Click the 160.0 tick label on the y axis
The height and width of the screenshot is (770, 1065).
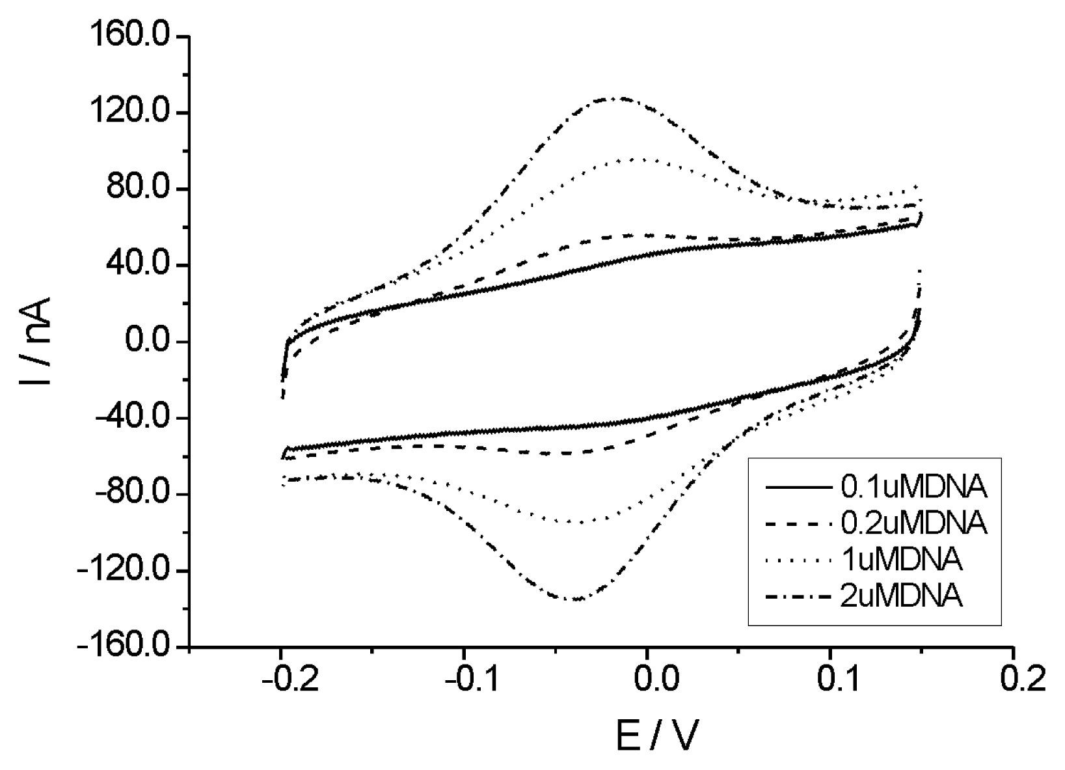[x=130, y=37]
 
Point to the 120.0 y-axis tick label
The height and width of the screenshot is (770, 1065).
[x=130, y=113]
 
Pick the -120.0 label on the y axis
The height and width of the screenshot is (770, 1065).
[x=124, y=571]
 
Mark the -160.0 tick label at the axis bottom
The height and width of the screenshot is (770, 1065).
[x=124, y=647]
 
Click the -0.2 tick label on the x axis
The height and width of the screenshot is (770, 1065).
[x=280, y=679]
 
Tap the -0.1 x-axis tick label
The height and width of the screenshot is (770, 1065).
[x=464, y=679]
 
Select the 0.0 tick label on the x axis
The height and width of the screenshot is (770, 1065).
[x=647, y=679]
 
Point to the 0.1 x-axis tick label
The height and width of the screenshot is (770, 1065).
[x=831, y=679]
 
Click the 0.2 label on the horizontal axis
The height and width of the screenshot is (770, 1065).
[x=1014, y=679]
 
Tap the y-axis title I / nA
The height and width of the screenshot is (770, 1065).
[x=36, y=341]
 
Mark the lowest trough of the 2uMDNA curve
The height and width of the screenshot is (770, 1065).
[x=578, y=599]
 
